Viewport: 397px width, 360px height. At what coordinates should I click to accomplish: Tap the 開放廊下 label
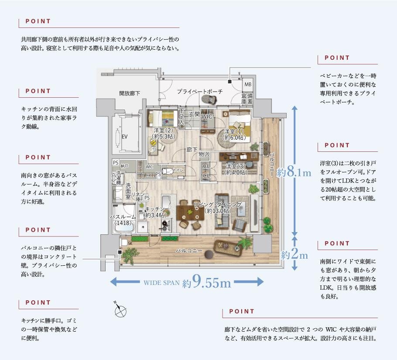pyautogui.click(x=130, y=93)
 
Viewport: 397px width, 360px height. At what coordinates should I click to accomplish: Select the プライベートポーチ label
pyautogui.click(x=199, y=92)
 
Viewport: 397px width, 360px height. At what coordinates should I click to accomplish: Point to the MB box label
pyautogui.click(x=247, y=84)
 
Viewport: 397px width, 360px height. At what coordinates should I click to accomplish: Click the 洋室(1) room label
pyautogui.click(x=234, y=134)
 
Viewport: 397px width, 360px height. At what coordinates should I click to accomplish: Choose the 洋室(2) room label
pyautogui.click(x=163, y=133)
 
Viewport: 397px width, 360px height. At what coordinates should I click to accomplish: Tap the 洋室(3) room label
pyautogui.click(x=235, y=169)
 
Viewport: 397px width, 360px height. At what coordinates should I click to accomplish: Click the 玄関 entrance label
pyautogui.click(x=194, y=114)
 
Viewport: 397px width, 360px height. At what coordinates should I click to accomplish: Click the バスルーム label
pyautogui.click(x=123, y=219)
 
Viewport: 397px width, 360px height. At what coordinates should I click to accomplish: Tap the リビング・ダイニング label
pyautogui.click(x=217, y=208)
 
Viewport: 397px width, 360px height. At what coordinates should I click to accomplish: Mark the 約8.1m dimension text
pyautogui.click(x=294, y=173)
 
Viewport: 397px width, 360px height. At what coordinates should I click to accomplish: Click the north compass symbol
pyautogui.click(x=120, y=310)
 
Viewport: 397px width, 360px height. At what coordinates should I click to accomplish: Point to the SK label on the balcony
pyautogui.click(x=130, y=243)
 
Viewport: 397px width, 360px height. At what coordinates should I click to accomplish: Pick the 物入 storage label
pyautogui.click(x=204, y=154)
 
